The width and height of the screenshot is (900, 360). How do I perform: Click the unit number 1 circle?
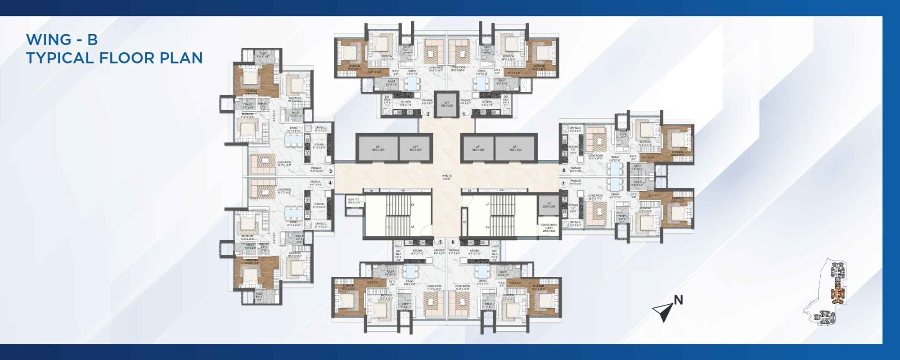(x=463, y=114)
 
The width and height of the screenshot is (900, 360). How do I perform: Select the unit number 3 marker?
(x=330, y=171)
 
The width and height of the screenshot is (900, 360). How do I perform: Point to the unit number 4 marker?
(x=330, y=183)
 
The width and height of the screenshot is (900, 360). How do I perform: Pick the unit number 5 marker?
(x=440, y=242)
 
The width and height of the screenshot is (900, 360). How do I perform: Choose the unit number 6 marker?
(x=453, y=242)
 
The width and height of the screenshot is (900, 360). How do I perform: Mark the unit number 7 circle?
(x=563, y=184)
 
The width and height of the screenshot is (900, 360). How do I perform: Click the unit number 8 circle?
(x=563, y=171)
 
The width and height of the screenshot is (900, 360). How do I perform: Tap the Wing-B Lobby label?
(x=446, y=177)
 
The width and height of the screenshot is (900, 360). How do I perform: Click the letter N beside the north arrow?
(x=678, y=300)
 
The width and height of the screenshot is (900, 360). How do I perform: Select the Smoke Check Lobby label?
(x=549, y=227)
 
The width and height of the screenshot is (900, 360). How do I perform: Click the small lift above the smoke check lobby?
(x=549, y=205)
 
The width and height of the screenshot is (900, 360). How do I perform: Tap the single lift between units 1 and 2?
(x=446, y=104)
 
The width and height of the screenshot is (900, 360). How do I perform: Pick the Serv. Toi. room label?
(x=354, y=201)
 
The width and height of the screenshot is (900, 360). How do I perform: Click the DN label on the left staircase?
(x=412, y=205)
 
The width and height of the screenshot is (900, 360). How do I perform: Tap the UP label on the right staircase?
(x=487, y=205)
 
